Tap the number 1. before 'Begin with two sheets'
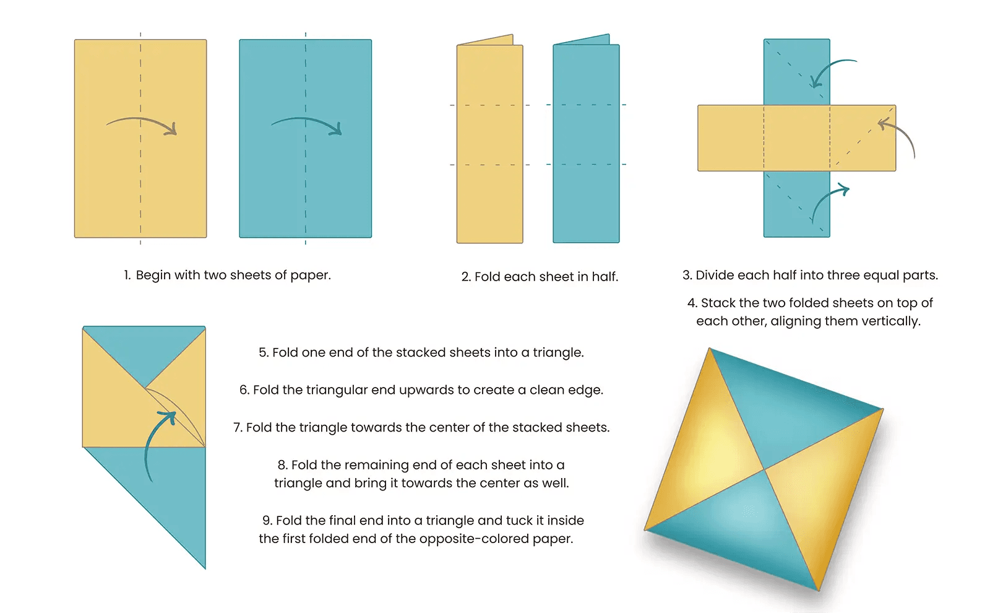tap(127, 275)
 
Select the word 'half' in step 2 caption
tap(604, 277)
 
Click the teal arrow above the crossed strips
tap(829, 71)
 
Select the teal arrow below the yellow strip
tap(826, 201)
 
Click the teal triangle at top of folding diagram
tap(144, 350)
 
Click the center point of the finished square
tap(765, 469)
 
